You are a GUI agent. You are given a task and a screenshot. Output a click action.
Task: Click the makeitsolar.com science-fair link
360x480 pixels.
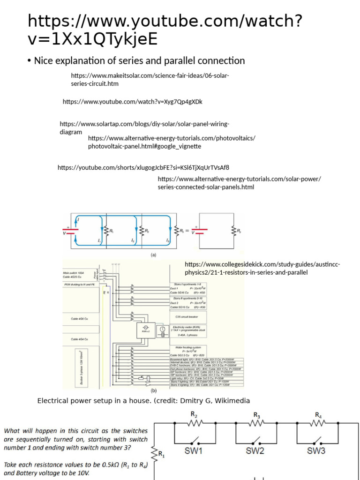[x=150, y=79]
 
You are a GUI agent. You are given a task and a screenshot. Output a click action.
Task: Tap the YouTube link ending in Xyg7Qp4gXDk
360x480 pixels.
[x=133, y=101]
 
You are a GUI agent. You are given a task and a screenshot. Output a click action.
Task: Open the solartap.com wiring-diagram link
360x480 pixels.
[x=144, y=127]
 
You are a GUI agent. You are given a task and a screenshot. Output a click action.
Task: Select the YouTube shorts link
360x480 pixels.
[x=143, y=167]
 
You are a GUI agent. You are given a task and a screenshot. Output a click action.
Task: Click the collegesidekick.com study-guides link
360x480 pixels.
[x=262, y=268]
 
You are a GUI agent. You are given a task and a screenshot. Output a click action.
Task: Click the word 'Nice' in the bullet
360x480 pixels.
[x=44, y=60]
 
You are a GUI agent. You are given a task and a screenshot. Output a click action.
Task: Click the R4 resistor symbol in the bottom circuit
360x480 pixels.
[x=318, y=424]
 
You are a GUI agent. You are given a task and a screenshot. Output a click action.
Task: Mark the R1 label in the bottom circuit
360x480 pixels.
[x=161, y=454]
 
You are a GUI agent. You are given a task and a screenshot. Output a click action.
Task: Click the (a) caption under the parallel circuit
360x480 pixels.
[x=153, y=255]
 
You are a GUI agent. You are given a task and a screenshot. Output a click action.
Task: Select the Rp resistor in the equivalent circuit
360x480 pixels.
[x=233, y=231]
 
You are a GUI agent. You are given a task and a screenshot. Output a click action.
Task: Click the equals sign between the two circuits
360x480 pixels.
[x=187, y=231]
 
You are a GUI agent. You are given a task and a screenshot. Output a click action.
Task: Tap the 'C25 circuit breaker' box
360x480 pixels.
[x=186, y=317]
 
